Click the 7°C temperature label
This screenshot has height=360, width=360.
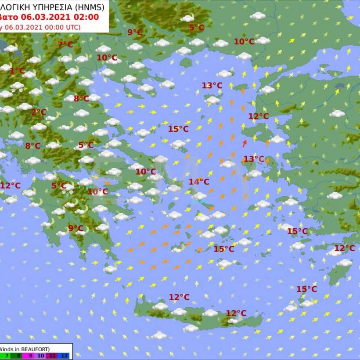(x=65, y=44)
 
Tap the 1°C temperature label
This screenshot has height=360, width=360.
(x=17, y=71)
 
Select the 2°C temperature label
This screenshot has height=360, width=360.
(x=39, y=112)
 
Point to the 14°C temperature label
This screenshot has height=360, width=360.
(x=199, y=182)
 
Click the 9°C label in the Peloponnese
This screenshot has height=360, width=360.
(x=76, y=228)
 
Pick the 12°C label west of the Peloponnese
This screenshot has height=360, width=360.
(x=10, y=186)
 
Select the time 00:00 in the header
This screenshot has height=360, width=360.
(x=50, y=27)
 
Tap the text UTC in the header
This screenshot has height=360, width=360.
(x=72, y=27)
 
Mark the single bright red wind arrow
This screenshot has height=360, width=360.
(x=245, y=144)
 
